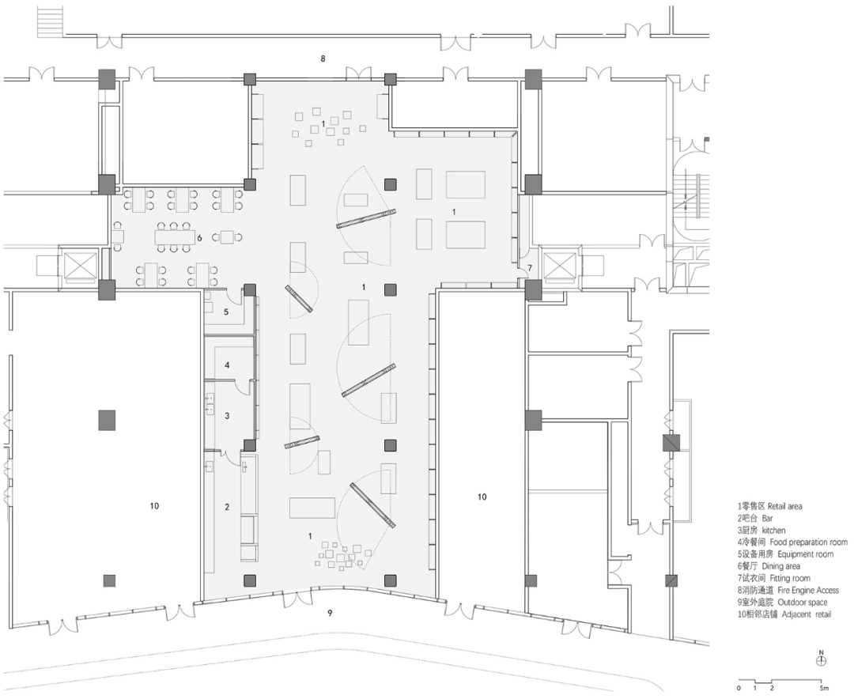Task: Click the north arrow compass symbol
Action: click(x=822, y=659)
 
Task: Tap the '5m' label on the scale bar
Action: click(x=824, y=688)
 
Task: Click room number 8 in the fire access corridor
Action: click(x=323, y=59)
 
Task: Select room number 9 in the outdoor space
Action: click(x=330, y=613)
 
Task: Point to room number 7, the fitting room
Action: click(x=530, y=269)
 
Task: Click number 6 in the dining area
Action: click(x=200, y=238)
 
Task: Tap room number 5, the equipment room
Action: click(x=226, y=312)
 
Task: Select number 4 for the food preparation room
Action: click(x=227, y=365)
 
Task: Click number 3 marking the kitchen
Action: click(x=227, y=416)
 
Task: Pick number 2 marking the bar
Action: click(x=227, y=507)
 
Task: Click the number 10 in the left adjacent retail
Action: click(x=154, y=506)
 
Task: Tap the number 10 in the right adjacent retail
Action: click(x=482, y=497)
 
